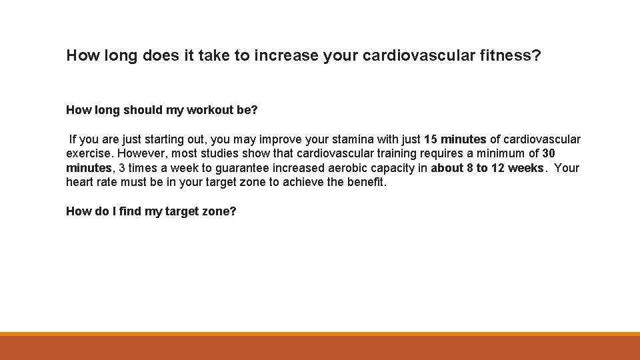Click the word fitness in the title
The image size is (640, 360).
point(510,55)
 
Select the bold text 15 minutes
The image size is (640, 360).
point(455,139)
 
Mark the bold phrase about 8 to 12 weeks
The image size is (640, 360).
point(487,168)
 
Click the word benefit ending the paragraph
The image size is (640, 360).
point(366,182)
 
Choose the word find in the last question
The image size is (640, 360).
point(132,211)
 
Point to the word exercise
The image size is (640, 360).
point(89,154)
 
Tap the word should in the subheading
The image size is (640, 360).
point(137,110)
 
